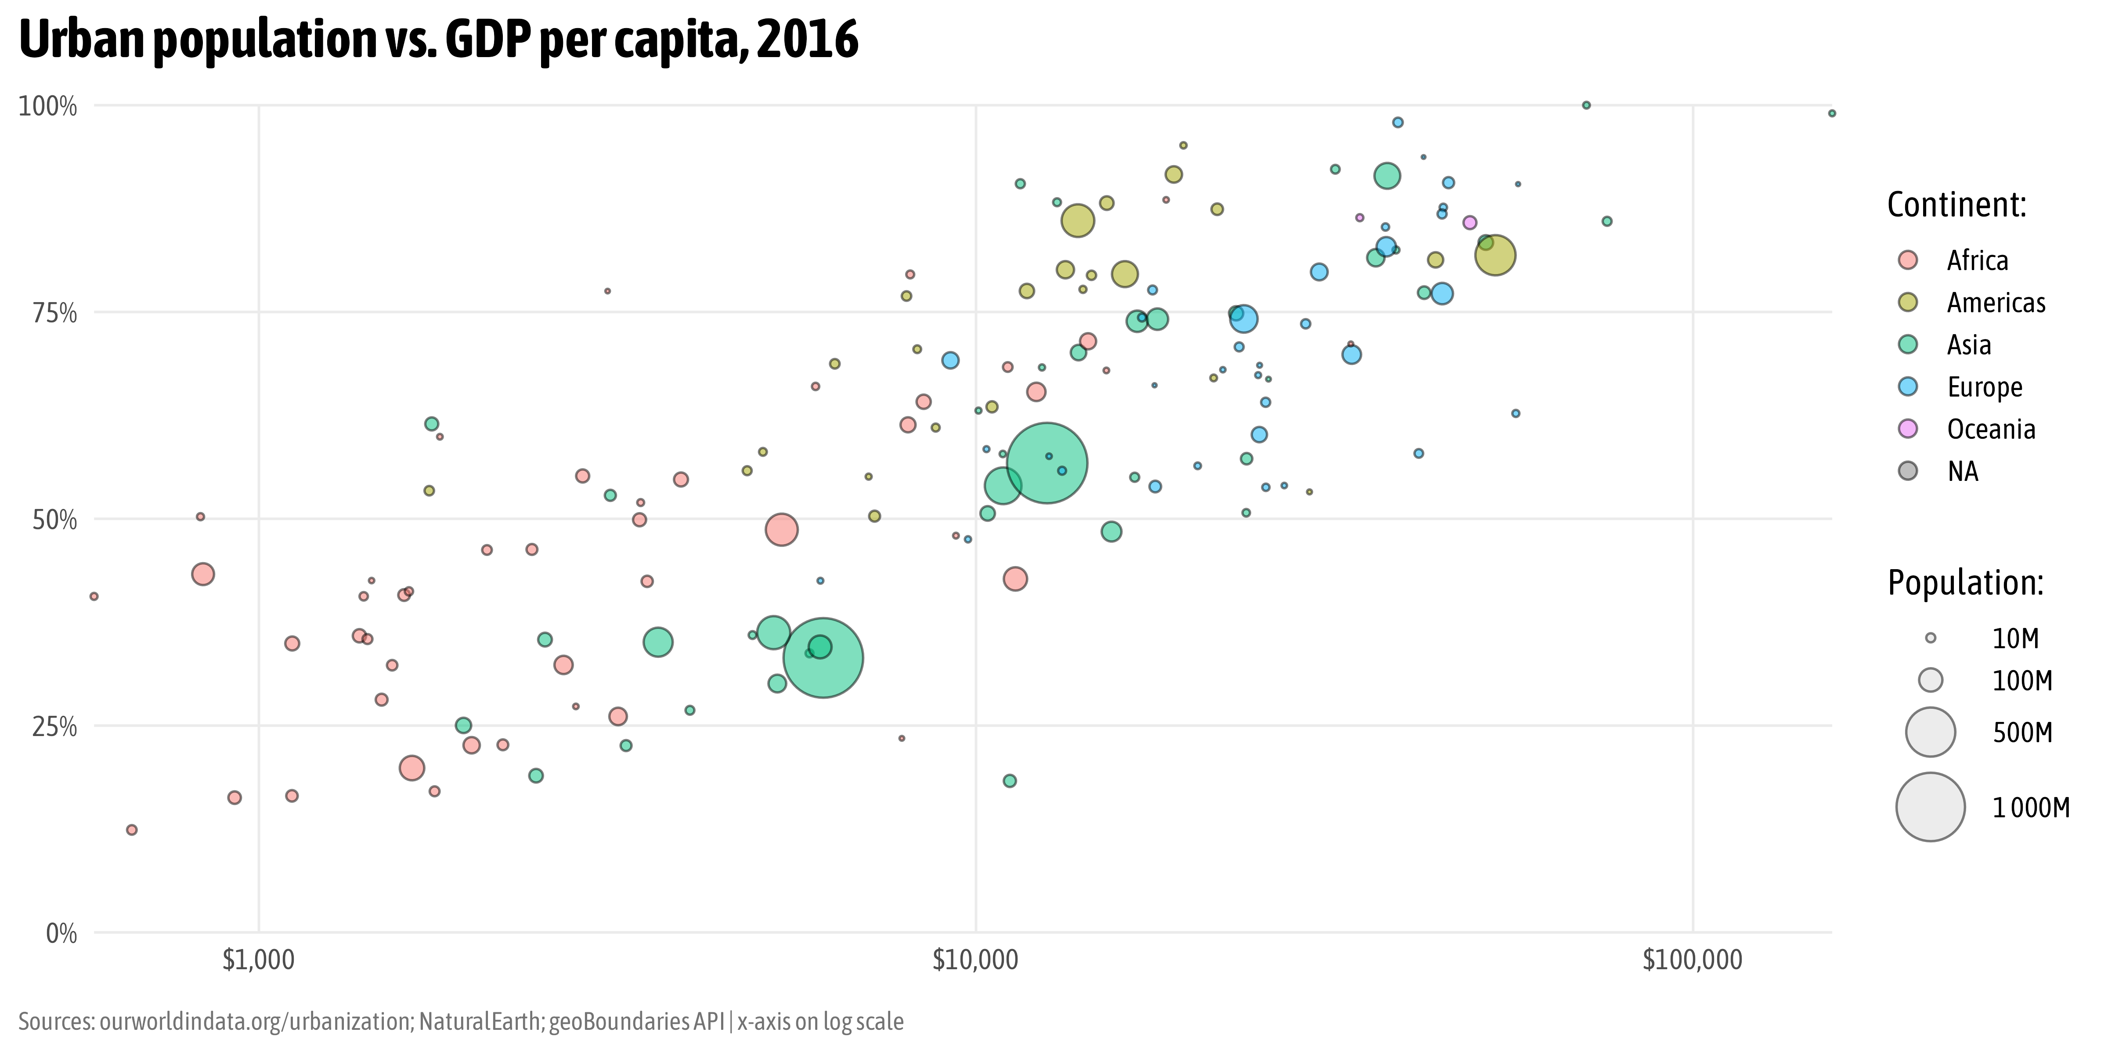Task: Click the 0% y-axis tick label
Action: tap(61, 934)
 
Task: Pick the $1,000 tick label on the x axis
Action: tap(259, 960)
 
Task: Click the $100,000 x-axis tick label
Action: tap(1692, 960)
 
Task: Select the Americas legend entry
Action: tap(1995, 303)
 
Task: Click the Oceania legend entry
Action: tap(1990, 429)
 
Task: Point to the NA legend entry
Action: tap(1962, 471)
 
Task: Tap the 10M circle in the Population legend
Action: tap(1931, 638)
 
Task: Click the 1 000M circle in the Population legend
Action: tap(1931, 807)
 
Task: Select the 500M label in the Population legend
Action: tap(2022, 733)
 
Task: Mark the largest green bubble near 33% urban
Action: tap(823, 657)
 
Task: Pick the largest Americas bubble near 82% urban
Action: tap(1495, 255)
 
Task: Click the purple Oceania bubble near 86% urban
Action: tap(1470, 223)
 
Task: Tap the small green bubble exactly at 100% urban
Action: tap(1586, 105)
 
